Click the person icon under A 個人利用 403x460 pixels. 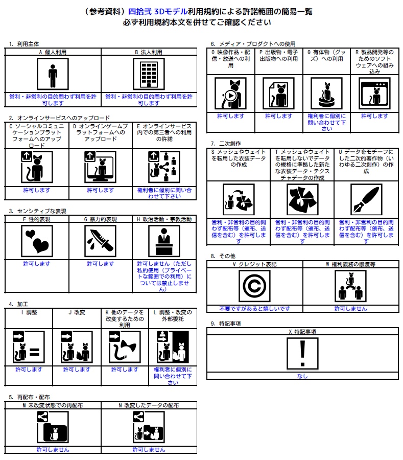click(x=53, y=74)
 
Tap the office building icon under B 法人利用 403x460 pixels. click(x=149, y=74)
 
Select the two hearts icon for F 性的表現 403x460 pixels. click(x=37, y=241)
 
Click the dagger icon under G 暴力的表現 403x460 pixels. click(x=101, y=241)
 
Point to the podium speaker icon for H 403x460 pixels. click(x=164, y=241)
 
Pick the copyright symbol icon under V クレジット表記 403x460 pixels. click(x=254, y=286)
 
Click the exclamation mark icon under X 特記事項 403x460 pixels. click(x=302, y=354)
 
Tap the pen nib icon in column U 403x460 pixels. click(x=366, y=199)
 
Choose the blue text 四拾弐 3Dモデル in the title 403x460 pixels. click(x=158, y=11)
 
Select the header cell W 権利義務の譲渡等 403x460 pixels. click(x=350, y=264)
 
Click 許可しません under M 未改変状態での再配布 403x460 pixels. click(x=53, y=450)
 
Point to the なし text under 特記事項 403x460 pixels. click(x=302, y=376)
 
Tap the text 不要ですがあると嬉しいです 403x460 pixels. click(x=254, y=309)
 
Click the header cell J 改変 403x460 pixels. click(x=77, y=312)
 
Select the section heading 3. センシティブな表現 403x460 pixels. click(x=37, y=211)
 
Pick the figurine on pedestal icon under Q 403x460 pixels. click(x=326, y=94)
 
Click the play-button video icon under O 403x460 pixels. click(x=230, y=94)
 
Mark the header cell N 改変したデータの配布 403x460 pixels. click(x=149, y=405)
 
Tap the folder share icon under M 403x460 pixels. click(x=53, y=427)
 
